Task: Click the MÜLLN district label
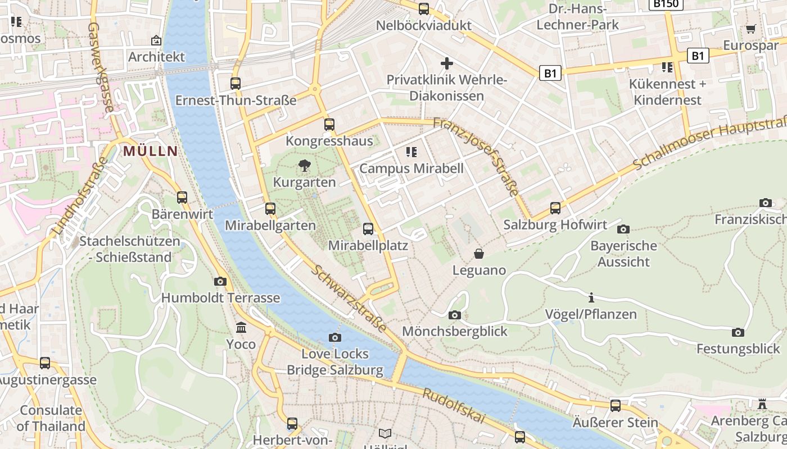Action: (x=150, y=150)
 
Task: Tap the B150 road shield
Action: (x=666, y=3)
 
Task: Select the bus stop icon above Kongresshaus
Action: (x=329, y=125)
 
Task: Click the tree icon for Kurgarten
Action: (x=304, y=166)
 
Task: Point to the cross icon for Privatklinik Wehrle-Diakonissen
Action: (x=447, y=63)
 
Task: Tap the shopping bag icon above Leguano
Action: (x=479, y=254)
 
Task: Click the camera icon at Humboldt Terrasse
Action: (x=220, y=281)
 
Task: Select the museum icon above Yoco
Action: (x=241, y=327)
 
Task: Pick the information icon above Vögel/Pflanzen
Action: (x=591, y=297)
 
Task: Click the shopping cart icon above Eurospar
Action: (x=750, y=29)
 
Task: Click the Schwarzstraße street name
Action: (x=349, y=298)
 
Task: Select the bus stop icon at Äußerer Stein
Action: (x=616, y=405)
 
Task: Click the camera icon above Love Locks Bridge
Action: (x=335, y=337)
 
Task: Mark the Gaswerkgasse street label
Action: (x=101, y=68)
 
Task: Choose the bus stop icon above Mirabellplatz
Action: (x=368, y=228)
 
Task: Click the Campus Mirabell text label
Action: (x=411, y=168)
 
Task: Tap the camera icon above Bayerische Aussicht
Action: (x=623, y=229)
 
